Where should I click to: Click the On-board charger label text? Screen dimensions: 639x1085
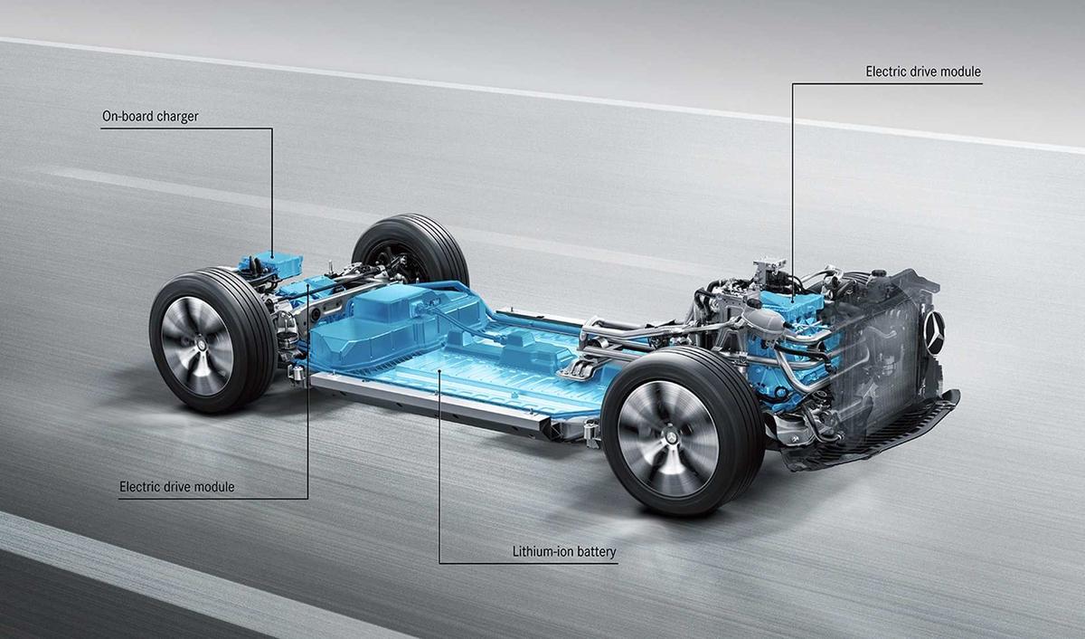(151, 117)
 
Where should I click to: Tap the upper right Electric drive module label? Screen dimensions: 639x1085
(922, 72)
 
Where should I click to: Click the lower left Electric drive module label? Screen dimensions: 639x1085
(176, 487)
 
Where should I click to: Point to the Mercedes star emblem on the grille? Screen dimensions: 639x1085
(934, 335)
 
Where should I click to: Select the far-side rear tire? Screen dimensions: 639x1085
(411, 249)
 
